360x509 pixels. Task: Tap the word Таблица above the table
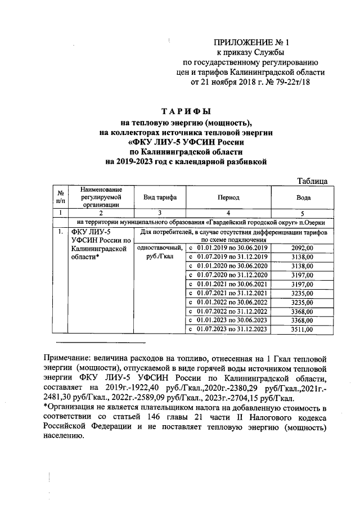[x=312, y=181]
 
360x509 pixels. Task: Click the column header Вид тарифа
[x=160, y=197]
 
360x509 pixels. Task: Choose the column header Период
[x=229, y=197]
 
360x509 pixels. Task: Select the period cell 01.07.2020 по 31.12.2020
[x=229, y=274]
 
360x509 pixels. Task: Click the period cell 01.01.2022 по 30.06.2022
[x=229, y=301]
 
